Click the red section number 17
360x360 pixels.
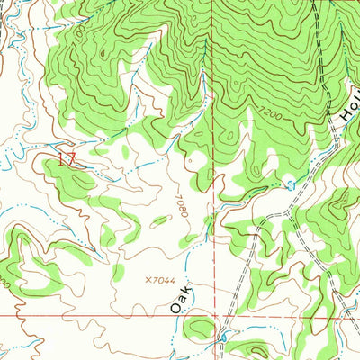[x=66, y=160]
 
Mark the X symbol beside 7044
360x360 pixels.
[x=147, y=281]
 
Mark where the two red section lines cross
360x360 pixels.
[x=215, y=316]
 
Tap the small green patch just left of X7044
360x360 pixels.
[x=118, y=271]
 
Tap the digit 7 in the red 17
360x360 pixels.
[x=70, y=160]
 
